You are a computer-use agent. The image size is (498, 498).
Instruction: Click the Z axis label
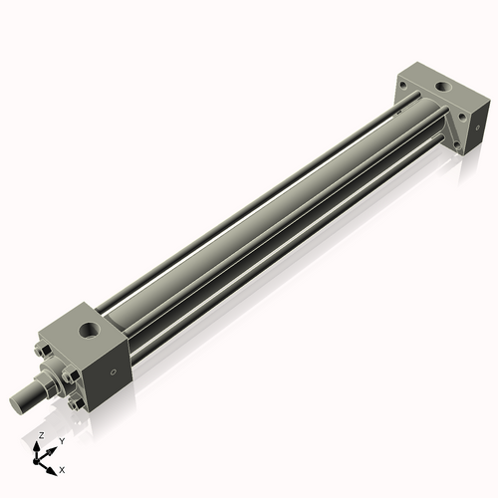pos(39,436)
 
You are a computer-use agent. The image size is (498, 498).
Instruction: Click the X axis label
pos(63,468)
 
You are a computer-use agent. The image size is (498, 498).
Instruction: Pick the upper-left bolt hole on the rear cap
pos(402,89)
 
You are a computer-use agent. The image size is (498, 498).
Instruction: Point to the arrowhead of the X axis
pos(55,465)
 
